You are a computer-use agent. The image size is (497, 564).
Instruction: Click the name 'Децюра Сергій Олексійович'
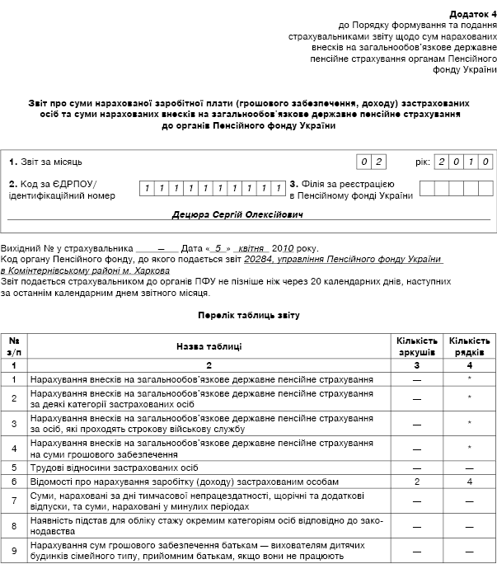click(x=237, y=214)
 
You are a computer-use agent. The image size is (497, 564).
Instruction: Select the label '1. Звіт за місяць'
click(x=46, y=162)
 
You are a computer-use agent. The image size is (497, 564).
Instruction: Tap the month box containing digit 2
click(x=380, y=162)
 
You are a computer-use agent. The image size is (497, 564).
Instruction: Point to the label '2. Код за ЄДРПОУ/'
click(x=53, y=183)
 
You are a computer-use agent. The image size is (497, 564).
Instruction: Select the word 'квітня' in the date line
click(x=253, y=247)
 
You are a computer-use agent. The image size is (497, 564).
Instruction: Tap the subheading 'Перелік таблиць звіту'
click(x=248, y=315)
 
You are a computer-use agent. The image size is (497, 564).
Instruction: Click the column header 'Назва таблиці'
click(x=209, y=346)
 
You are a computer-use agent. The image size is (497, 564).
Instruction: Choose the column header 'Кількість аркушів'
click(x=418, y=346)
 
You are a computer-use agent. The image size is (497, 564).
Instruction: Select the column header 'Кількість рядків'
click(x=469, y=346)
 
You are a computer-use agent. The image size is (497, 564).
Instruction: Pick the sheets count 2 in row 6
click(x=418, y=480)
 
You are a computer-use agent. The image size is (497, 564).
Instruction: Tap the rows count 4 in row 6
click(x=469, y=480)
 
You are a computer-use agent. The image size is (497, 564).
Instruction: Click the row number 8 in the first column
click(x=15, y=524)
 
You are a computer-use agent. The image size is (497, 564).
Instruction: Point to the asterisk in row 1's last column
click(x=469, y=379)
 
